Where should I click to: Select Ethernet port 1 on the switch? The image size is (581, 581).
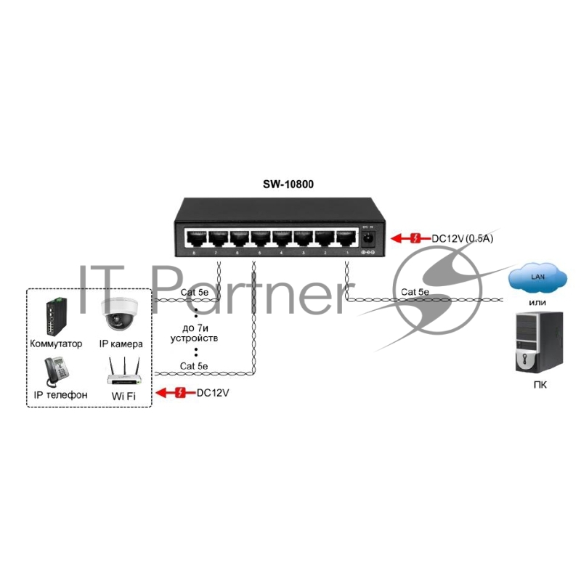344,238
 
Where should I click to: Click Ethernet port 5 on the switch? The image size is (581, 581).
260,238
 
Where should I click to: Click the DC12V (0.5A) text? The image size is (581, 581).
463,237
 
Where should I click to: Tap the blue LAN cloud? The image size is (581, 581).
538,277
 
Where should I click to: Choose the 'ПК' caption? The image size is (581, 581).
539,384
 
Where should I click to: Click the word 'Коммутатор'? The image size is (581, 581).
57,343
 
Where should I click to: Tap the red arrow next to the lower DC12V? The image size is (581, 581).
177,393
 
